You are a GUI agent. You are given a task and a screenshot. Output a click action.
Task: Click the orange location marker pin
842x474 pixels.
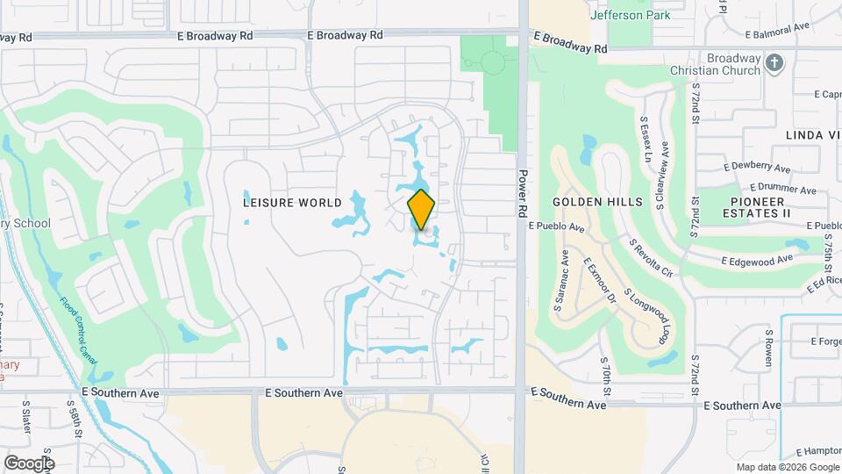(x=421, y=209)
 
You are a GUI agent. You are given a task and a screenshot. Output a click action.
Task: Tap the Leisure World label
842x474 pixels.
(x=292, y=203)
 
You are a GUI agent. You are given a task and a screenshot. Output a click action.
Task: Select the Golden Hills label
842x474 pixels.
(x=597, y=202)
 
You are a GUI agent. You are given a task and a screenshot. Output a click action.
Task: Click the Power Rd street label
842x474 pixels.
(x=522, y=193)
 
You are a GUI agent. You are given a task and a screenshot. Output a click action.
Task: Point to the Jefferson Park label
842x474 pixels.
(x=630, y=15)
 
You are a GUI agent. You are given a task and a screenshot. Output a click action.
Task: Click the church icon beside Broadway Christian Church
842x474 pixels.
(x=774, y=63)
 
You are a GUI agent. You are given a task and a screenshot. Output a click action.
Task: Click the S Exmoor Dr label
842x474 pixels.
(x=600, y=282)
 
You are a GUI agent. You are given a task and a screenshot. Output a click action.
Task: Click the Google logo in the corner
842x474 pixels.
(x=28, y=463)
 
